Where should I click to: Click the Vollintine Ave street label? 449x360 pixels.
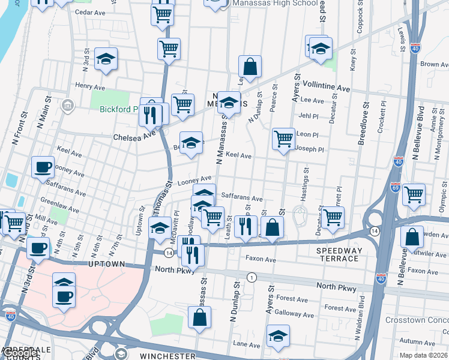(x=327, y=88)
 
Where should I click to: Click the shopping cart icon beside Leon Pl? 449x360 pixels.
(x=283, y=139)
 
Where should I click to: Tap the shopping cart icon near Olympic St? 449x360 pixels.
(x=414, y=194)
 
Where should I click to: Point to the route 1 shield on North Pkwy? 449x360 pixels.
(x=252, y=277)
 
